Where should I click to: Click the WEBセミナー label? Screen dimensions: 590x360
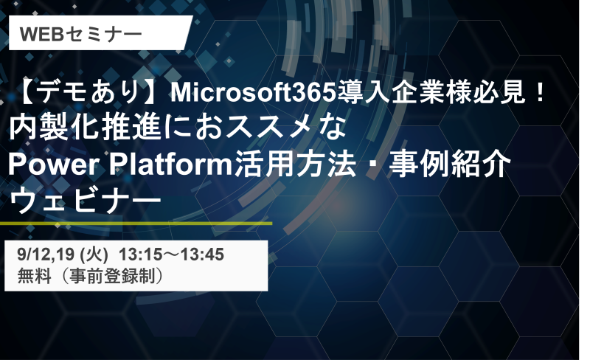(x=80, y=34)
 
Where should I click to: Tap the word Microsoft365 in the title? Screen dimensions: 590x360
(x=253, y=93)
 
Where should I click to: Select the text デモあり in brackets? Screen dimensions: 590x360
(x=88, y=93)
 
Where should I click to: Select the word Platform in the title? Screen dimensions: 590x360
(x=172, y=165)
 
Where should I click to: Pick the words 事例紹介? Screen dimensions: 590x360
(x=450, y=165)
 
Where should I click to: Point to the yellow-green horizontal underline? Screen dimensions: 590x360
(x=136, y=224)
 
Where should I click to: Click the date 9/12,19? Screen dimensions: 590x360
(x=46, y=255)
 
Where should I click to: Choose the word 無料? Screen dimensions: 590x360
(x=35, y=276)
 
